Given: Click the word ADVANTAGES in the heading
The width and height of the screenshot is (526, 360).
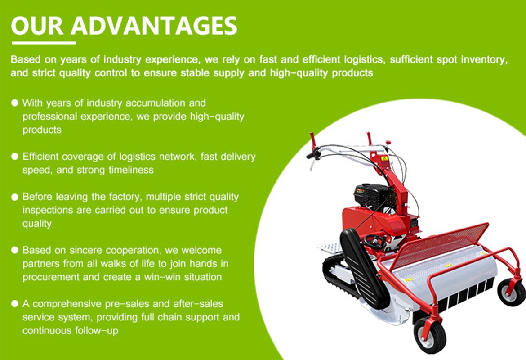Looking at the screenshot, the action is coord(154,25).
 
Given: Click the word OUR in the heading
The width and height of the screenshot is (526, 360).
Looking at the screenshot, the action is coord(37,25).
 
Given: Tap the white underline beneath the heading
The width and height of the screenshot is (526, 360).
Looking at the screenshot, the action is coord(44,43).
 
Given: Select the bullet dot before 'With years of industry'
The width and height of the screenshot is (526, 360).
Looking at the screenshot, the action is coord(15,103).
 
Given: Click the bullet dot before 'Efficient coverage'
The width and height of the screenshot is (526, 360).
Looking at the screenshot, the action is coord(15,157).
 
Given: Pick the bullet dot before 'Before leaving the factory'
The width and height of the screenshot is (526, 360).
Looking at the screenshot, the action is coord(15,197).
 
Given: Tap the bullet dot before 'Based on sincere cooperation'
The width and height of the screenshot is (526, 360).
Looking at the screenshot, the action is coord(15,250).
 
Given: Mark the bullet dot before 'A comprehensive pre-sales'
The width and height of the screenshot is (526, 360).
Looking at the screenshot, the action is coord(15,304).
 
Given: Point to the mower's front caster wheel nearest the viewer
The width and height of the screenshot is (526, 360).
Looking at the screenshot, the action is coord(430,334).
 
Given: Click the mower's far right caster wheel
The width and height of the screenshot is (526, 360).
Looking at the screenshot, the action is coord(511,292).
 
